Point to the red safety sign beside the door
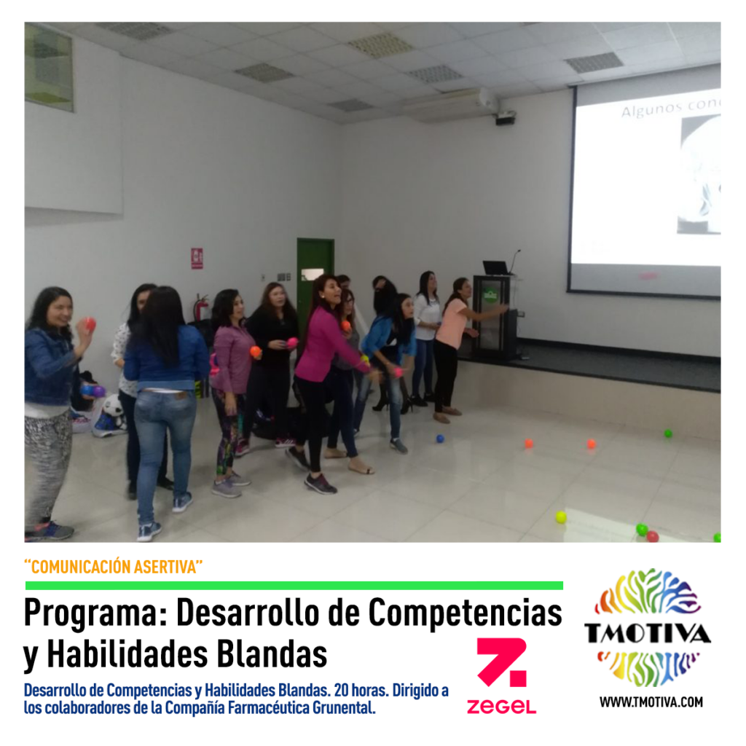pyautogui.click(x=197, y=259)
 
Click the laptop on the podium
pyautogui.click(x=496, y=268)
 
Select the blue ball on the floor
pyautogui.click(x=440, y=438)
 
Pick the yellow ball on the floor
pyautogui.click(x=562, y=517)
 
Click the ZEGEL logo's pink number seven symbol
pyautogui.click(x=502, y=662)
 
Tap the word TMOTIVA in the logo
pyautogui.click(x=648, y=633)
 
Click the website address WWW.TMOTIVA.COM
pyautogui.click(x=651, y=702)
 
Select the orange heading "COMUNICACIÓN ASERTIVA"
pyautogui.click(x=113, y=567)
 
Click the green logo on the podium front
pyautogui.click(x=490, y=295)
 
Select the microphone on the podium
pyautogui.click(x=515, y=262)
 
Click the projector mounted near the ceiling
pyautogui.click(x=506, y=118)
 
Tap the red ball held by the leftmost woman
pyautogui.click(x=90, y=324)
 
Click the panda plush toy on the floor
pyautogui.click(x=113, y=412)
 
